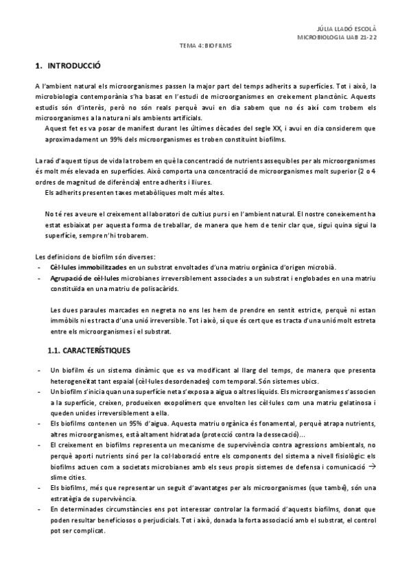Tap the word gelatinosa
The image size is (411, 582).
pyautogui.click(x=345, y=402)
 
